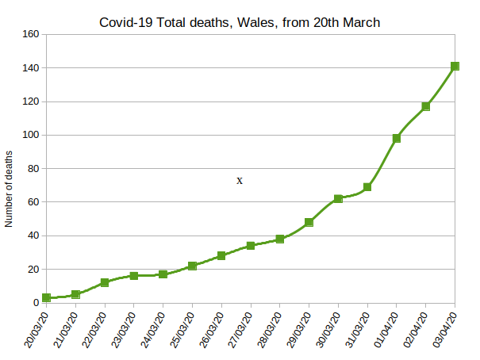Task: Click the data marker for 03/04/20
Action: [x=455, y=67]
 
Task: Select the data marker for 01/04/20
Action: [x=397, y=138]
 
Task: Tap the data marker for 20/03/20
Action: [x=47, y=297]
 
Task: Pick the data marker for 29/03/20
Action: [x=309, y=222]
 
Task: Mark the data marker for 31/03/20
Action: [x=367, y=187]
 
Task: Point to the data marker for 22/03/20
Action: [x=105, y=282]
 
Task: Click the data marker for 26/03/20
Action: [x=221, y=255]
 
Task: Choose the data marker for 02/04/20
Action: [x=426, y=106]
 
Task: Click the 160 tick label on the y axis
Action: [x=30, y=35]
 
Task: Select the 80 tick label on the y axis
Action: [x=33, y=169]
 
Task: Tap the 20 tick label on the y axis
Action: [x=33, y=270]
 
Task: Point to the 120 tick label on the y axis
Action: [x=30, y=101]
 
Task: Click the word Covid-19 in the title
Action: [x=128, y=22]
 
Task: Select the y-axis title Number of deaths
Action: [x=10, y=188]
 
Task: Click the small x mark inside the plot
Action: [x=240, y=181]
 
